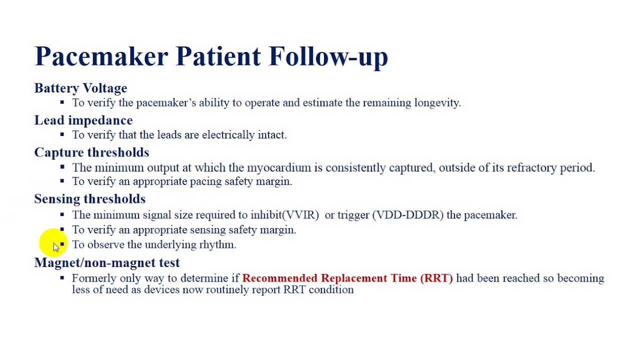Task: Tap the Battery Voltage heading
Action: tap(80, 88)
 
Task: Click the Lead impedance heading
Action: tap(83, 120)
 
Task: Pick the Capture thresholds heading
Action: tap(91, 152)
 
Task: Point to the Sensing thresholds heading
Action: tap(90, 199)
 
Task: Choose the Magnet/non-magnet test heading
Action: tap(107, 262)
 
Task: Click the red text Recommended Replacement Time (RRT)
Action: tap(347, 278)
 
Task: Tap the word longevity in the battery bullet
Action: tap(436, 103)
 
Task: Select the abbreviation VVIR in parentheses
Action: tap(301, 215)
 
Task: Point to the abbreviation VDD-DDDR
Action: tap(407, 215)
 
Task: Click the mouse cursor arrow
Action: tap(55, 247)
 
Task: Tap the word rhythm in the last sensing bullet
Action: tap(217, 244)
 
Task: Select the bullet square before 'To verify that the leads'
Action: tap(62, 134)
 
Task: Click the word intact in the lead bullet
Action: tap(271, 135)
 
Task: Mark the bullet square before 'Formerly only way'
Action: tap(62, 277)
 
